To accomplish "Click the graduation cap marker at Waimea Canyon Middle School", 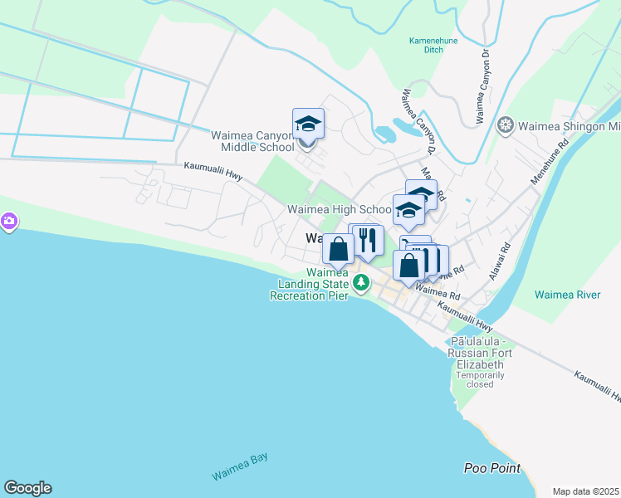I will [x=308, y=124].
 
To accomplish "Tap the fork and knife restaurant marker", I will [x=368, y=240].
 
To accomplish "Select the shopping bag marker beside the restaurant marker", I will [x=339, y=248].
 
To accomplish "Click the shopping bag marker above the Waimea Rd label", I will [x=408, y=266].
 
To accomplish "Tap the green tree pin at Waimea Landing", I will [x=361, y=283].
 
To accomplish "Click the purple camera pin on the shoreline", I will [x=8, y=222].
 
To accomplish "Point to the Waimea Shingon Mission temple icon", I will [x=504, y=127].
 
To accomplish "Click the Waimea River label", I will [x=567, y=295].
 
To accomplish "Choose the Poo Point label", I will [x=492, y=469].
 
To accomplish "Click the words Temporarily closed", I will [x=479, y=380].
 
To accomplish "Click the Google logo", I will [x=27, y=488].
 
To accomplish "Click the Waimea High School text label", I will [x=339, y=210].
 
